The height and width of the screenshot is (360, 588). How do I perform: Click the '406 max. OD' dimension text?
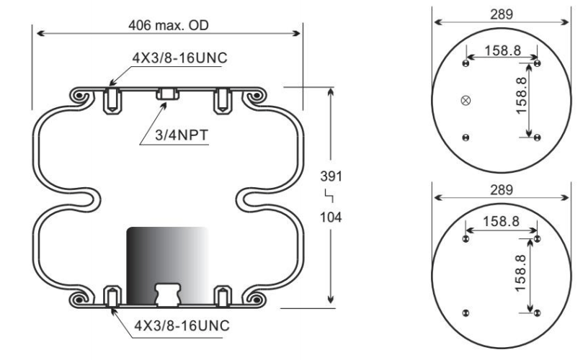tap(169, 25)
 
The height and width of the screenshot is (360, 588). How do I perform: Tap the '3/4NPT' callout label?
tap(182, 135)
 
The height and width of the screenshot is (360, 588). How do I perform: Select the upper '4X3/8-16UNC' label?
tap(179, 58)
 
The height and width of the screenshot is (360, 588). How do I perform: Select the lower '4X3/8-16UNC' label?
tap(182, 325)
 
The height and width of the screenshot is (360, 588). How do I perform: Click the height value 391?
tap(331, 176)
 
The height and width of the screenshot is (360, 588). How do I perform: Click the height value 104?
tap(331, 217)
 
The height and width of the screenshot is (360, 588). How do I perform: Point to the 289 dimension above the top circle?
tap(502, 14)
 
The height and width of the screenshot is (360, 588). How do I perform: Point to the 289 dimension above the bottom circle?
tap(502, 190)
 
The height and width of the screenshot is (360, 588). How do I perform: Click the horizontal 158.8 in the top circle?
tap(502, 50)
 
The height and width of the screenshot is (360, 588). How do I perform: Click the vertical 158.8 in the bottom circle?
tap(520, 274)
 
